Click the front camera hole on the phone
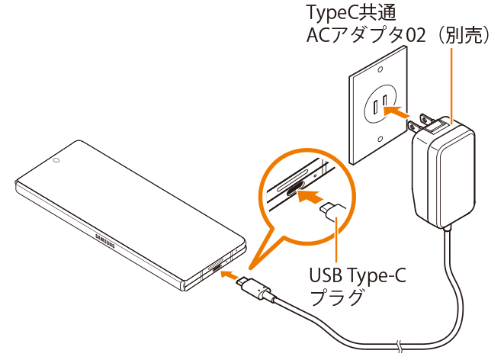tap(57, 161)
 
